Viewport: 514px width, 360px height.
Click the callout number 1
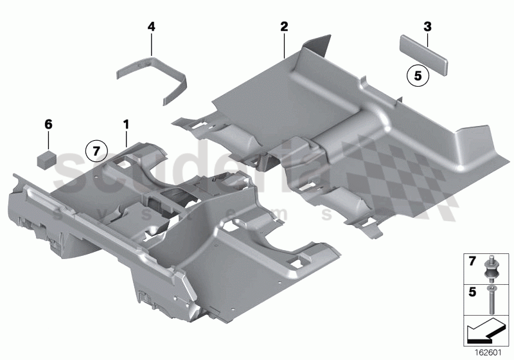pyautogui.click(x=126, y=122)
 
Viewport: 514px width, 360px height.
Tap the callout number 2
pyautogui.click(x=284, y=26)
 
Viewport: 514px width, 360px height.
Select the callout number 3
pyautogui.click(x=427, y=26)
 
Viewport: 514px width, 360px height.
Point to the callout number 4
pyautogui.click(x=152, y=26)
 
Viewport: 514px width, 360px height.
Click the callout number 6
pyautogui.click(x=47, y=122)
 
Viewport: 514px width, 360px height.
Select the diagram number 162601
pyautogui.click(x=490, y=351)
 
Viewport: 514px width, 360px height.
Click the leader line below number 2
pyautogui.click(x=284, y=45)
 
